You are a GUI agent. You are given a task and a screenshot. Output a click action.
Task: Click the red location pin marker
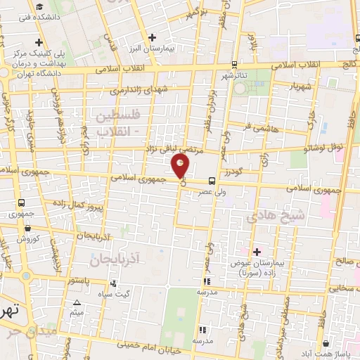(x=181, y=166)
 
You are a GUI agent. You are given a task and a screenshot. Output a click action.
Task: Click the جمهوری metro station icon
(x=21, y=202)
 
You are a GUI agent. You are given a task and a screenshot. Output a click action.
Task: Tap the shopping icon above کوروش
(x=27, y=228)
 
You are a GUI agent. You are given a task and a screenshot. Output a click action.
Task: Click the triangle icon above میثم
(x=77, y=303)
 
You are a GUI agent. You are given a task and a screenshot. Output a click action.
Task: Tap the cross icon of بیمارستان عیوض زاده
(x=257, y=251)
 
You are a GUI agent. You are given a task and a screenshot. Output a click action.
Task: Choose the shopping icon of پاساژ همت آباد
(x=326, y=344)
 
